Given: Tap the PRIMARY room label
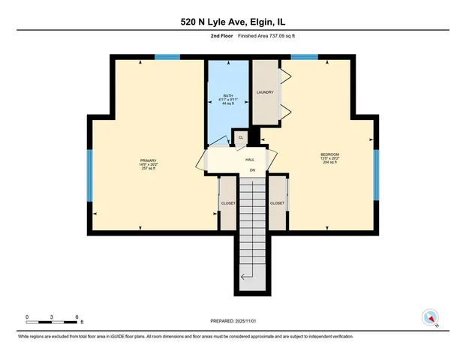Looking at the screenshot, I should click(148, 160).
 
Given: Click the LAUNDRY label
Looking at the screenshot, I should click(264, 93).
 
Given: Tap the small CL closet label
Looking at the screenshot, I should click(241, 137).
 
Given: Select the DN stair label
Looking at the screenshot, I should click(253, 169).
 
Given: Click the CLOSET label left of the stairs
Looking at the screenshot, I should click(228, 203).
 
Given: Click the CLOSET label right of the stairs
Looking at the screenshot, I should click(277, 203).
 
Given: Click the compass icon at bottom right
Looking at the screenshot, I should click(431, 316).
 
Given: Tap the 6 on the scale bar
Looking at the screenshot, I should click(77, 317).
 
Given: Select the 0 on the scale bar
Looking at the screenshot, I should click(27, 317).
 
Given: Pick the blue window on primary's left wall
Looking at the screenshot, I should click(89, 175).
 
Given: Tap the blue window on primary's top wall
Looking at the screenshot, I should click(167, 56).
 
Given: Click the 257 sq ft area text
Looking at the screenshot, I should click(148, 169).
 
